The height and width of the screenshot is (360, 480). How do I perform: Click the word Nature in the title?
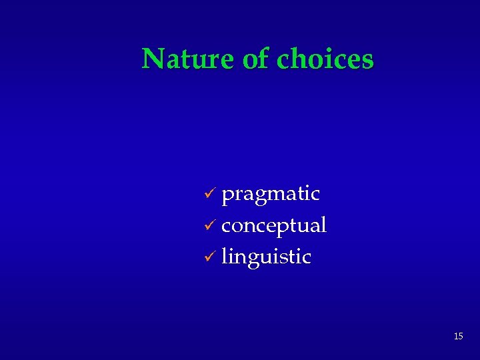(x=188, y=59)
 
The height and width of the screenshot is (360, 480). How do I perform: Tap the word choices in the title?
(x=325, y=59)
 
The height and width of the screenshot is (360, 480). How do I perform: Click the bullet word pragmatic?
(x=271, y=194)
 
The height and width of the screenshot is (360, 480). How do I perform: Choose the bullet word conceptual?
(x=273, y=225)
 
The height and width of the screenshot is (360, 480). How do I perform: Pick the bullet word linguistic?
(x=266, y=257)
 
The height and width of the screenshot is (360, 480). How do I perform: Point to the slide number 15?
(x=458, y=337)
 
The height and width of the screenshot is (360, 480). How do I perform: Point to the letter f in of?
(x=264, y=59)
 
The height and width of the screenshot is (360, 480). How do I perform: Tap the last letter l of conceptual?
(x=323, y=224)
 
